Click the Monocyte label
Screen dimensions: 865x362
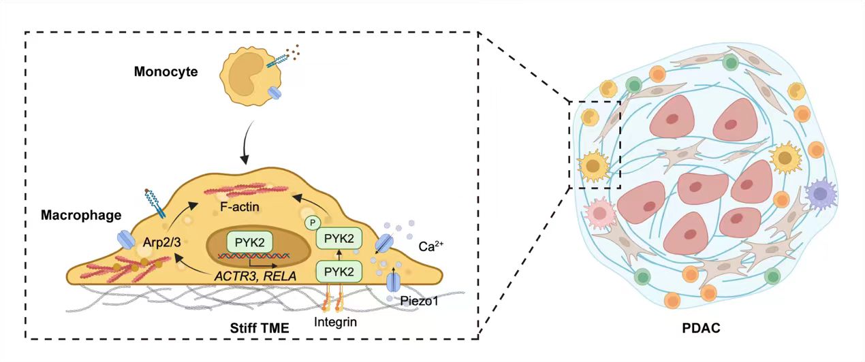tap(166, 71)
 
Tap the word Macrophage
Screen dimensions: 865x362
tap(81, 215)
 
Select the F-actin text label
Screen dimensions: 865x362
tap(240, 207)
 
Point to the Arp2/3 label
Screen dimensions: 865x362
tap(162, 242)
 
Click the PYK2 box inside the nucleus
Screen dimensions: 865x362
tap(249, 242)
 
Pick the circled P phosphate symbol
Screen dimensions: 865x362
tap(313, 223)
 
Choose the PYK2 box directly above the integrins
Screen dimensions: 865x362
tap(339, 271)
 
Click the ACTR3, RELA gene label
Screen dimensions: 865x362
tap(255, 276)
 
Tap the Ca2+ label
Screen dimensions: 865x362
tap(431, 246)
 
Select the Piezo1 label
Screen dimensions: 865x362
tap(420, 301)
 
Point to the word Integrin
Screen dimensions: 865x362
tap(335, 322)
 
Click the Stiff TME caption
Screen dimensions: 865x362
tap(259, 328)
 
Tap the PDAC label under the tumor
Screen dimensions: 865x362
tap(701, 328)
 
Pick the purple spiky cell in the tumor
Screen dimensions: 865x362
tap(821, 194)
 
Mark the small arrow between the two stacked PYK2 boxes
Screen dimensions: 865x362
tap(339, 254)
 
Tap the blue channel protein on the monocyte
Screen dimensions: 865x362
tap(274, 93)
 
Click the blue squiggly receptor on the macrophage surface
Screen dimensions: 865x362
tap(154, 203)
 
